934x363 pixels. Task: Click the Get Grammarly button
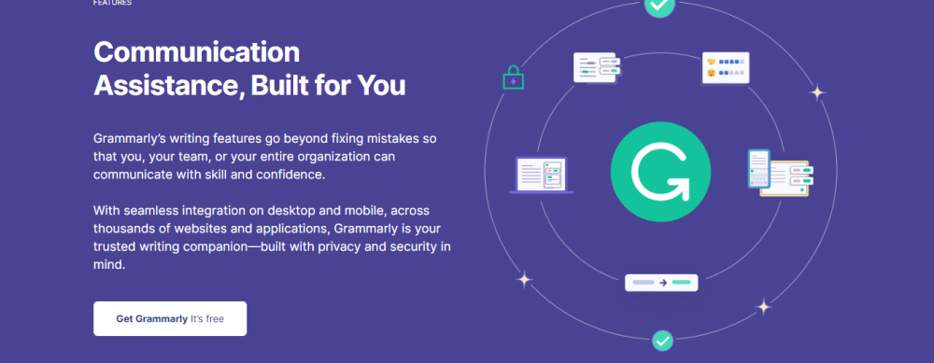170,318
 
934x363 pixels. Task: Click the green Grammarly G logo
660,172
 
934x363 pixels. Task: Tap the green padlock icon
513,77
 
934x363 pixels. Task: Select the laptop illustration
541,175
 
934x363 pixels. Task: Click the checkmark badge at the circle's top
659,6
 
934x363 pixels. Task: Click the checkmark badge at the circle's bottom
662,341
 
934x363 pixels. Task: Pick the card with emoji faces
726,67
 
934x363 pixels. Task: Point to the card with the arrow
661,283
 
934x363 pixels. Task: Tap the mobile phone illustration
758,169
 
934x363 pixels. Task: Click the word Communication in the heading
196,52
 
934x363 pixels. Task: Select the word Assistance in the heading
168,86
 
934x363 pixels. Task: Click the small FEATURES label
113,3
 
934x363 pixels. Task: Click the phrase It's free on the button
207,319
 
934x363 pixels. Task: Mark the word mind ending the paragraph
109,265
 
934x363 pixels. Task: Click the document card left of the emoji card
597,67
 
